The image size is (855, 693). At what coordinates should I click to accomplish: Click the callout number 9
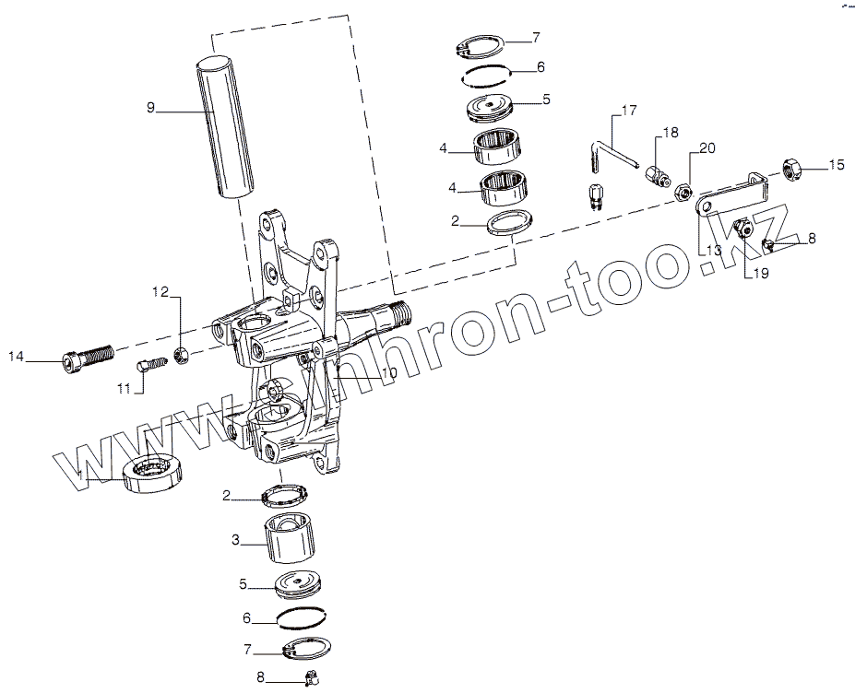pyautogui.click(x=150, y=108)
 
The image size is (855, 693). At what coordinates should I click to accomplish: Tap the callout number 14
pyautogui.click(x=16, y=356)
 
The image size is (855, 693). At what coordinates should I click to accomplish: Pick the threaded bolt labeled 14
pyautogui.click(x=89, y=357)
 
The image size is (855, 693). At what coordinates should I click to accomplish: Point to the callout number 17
pyautogui.click(x=629, y=112)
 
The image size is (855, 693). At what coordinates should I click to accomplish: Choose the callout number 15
pyautogui.click(x=836, y=165)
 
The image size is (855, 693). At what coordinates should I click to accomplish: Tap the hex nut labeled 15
pyautogui.click(x=792, y=168)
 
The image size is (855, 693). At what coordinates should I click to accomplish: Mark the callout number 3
pyautogui.click(x=235, y=541)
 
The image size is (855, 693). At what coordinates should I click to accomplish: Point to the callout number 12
pyautogui.click(x=160, y=292)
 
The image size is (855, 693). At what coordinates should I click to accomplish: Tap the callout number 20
pyautogui.click(x=707, y=148)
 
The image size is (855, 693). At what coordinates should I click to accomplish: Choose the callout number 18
pyautogui.click(x=671, y=133)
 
